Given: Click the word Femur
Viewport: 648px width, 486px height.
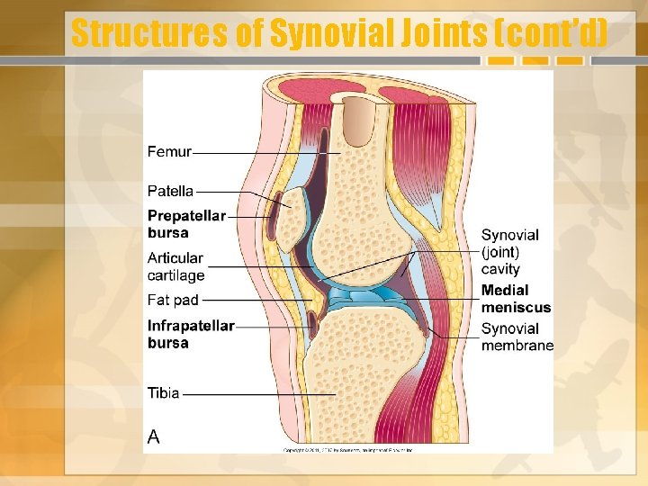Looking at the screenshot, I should [x=169, y=152].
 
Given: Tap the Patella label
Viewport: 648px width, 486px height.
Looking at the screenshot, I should [x=171, y=191].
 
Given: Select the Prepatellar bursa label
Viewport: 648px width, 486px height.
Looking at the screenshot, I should [x=185, y=224].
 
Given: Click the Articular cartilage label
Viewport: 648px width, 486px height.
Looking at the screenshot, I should [x=176, y=266].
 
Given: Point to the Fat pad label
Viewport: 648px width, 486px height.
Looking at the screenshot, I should [x=173, y=300].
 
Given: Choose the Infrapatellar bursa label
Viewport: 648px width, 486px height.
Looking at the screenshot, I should [x=191, y=334].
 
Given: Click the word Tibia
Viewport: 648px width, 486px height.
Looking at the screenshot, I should [x=164, y=393].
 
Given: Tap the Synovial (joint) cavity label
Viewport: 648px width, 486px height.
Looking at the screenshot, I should [x=509, y=251].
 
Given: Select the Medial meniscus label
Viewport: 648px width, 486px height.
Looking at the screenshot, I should [x=516, y=299].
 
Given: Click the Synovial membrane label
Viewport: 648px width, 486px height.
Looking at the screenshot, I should [x=517, y=337].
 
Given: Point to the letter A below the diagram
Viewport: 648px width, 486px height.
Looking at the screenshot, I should [x=154, y=436].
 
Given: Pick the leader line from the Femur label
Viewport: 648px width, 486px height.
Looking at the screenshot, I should [x=265, y=153].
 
